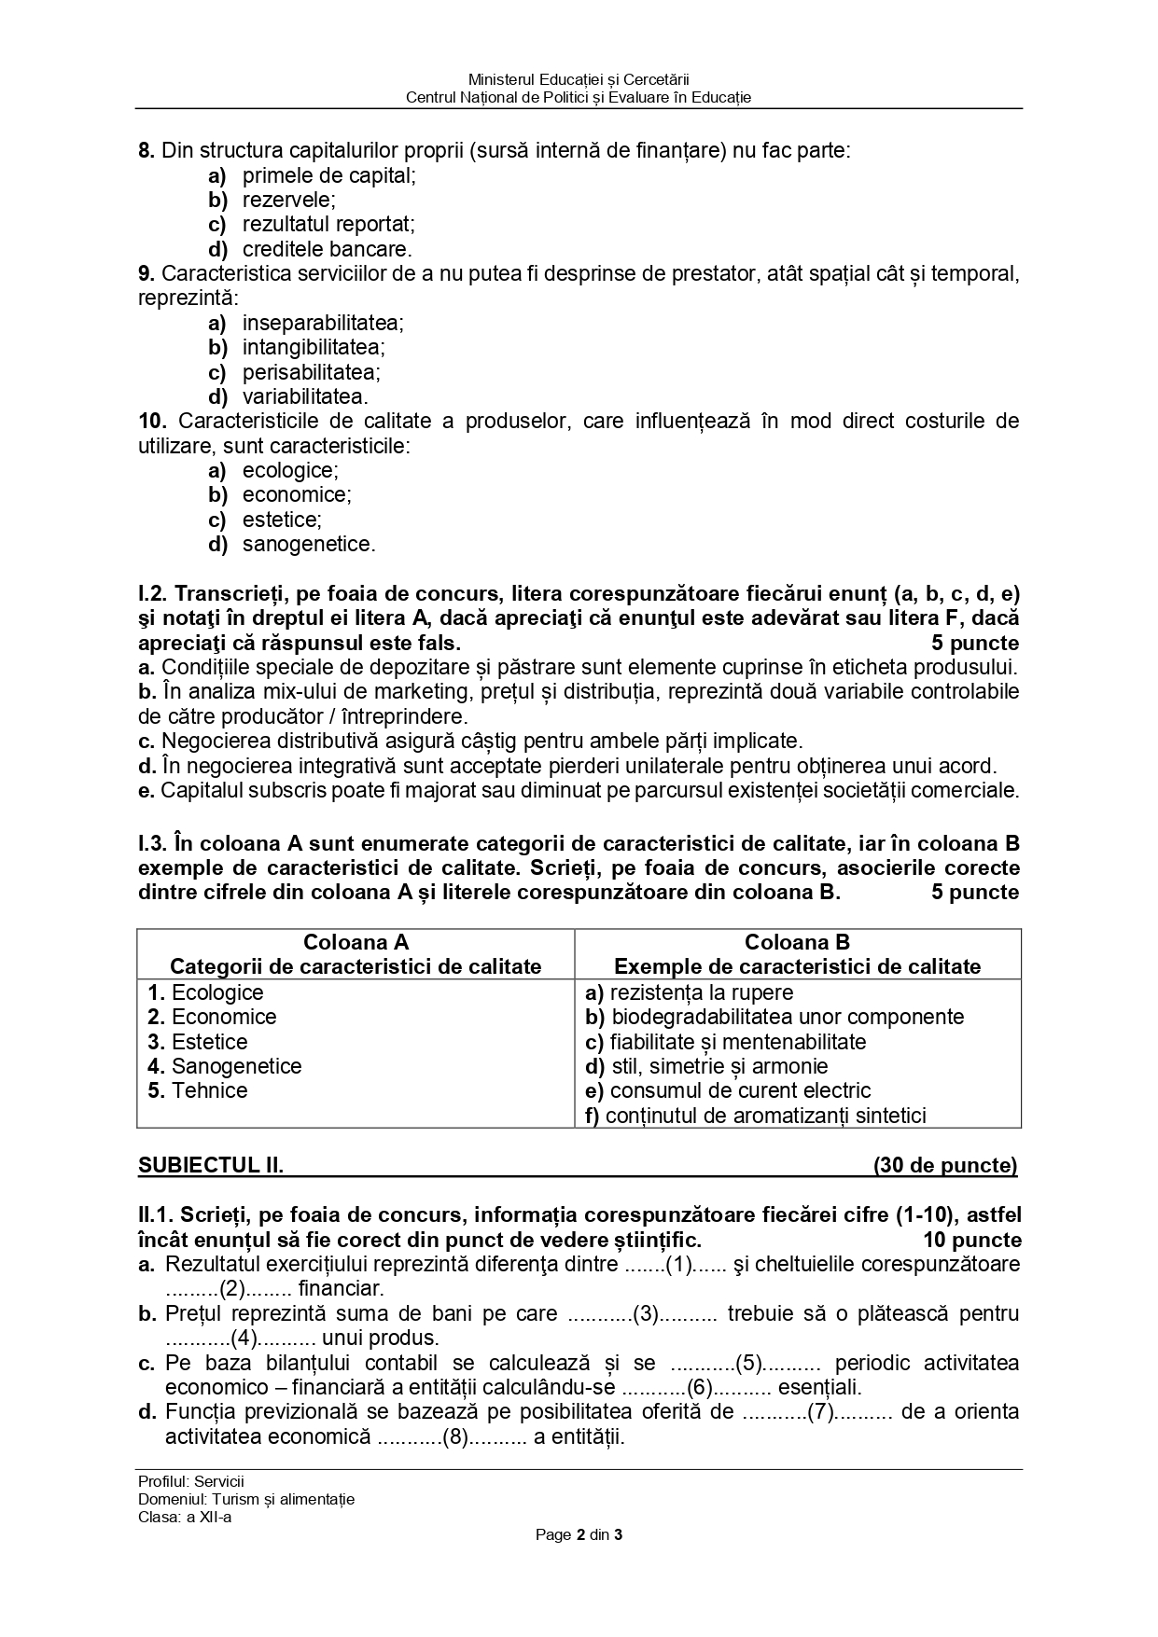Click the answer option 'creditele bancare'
tap(327, 249)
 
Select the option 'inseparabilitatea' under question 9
tap(323, 323)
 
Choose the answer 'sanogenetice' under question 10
tap(308, 544)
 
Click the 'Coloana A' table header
tap(356, 942)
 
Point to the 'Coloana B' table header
tap(797, 942)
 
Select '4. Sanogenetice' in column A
tap(225, 1066)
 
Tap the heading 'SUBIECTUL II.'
tap(211, 1165)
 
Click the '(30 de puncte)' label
tap(944, 1165)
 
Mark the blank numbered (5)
tap(749, 1363)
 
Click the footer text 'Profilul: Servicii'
tap(190, 1481)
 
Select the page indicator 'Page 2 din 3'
tap(579, 1534)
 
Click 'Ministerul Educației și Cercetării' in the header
tap(579, 80)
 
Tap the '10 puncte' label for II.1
tap(971, 1240)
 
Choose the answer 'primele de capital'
tap(328, 175)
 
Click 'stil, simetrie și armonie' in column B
tap(719, 1066)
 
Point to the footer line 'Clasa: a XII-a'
tap(184, 1516)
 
